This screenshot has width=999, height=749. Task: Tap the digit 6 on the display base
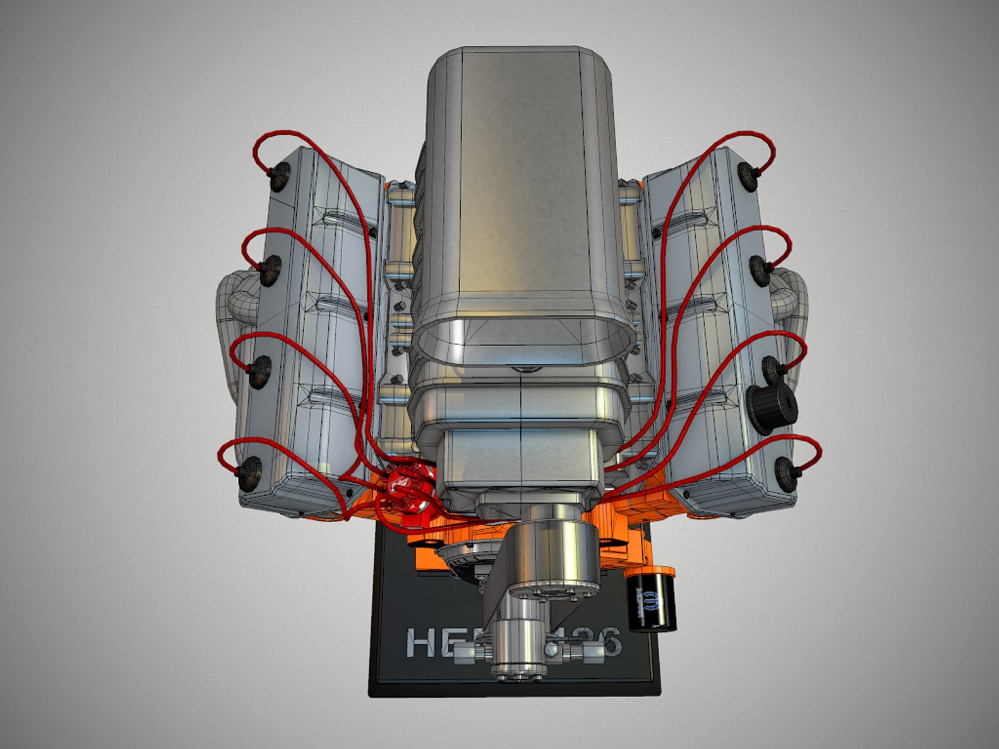[x=608, y=644]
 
